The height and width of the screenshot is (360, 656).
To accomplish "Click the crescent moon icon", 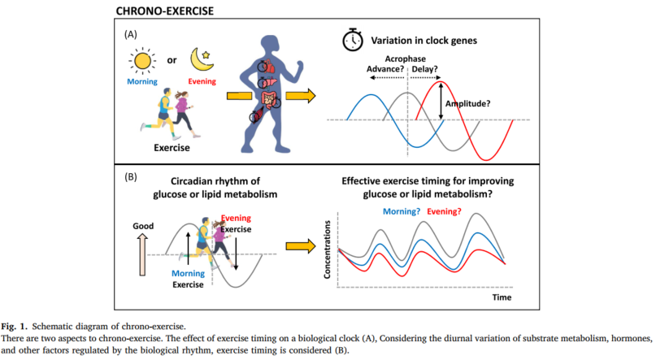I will pyautogui.click(x=201, y=59).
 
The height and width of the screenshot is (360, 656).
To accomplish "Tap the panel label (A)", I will pyautogui.click(x=130, y=36).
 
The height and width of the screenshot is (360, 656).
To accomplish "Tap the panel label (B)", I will pyautogui.click(x=130, y=175).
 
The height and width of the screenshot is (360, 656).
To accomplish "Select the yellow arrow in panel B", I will pyautogui.click(x=301, y=245).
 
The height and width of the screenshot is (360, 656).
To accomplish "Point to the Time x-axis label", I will pyautogui.click(x=502, y=298).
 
